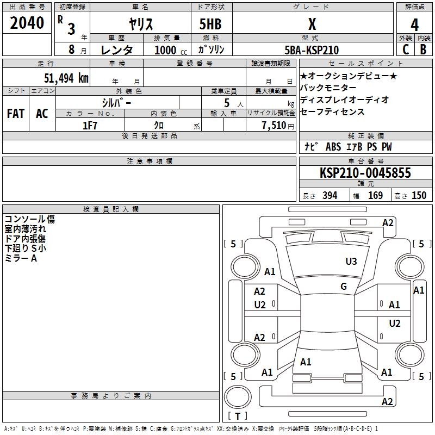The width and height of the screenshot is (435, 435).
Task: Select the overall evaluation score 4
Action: tap(414, 24)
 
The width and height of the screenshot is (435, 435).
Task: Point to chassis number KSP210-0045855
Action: tap(365, 173)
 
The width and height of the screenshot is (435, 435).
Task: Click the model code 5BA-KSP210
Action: tap(312, 50)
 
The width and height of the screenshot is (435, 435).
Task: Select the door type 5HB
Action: tap(210, 24)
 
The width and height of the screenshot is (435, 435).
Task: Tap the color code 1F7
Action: tap(90, 126)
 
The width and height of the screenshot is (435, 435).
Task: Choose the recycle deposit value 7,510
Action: tap(275, 126)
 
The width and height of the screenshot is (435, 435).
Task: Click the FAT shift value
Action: tap(16, 114)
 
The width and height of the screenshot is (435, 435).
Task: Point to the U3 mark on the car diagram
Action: tap(351, 262)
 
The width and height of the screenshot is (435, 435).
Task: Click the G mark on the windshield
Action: tap(344, 287)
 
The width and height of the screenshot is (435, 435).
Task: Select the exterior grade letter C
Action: tap(406, 49)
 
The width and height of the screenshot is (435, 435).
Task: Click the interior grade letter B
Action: tap(423, 49)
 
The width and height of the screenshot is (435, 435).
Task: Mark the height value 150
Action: tap(419, 196)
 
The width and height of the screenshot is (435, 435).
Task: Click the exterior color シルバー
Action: tap(116, 102)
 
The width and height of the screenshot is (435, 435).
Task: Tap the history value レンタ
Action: tap(117, 50)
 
